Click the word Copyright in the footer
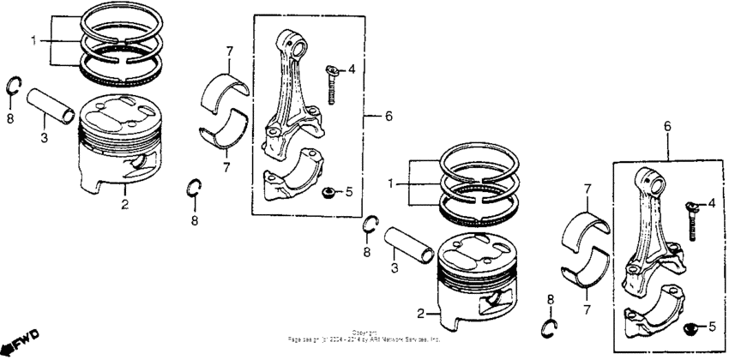(364, 333)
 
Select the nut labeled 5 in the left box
(327, 191)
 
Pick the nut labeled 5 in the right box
(690, 327)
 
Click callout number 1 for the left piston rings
(34, 40)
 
